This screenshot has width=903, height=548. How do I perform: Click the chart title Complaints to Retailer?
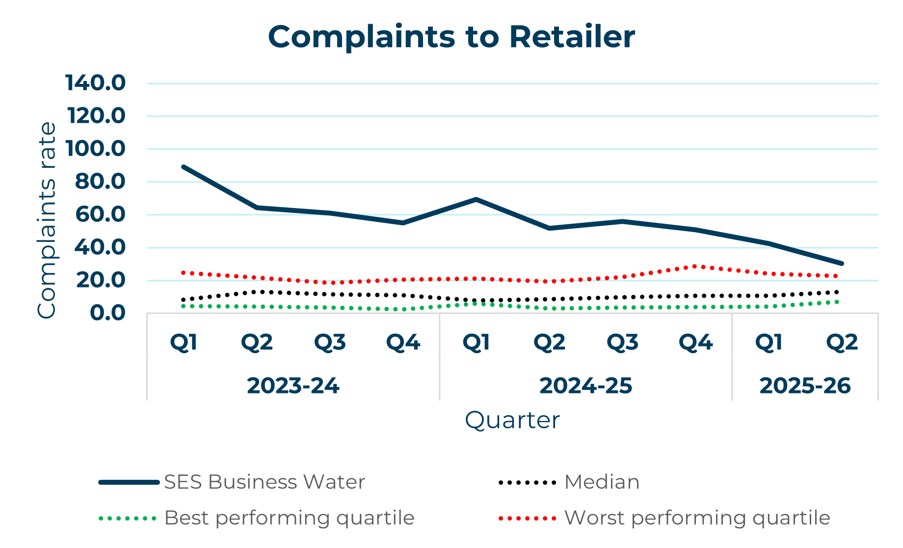451,37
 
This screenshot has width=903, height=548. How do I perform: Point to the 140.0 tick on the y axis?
95,83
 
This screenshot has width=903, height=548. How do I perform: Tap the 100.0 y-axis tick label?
95,149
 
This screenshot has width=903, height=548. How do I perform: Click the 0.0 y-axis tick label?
107,313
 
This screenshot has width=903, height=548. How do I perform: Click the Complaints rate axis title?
47,220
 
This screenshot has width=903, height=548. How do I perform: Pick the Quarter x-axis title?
512,420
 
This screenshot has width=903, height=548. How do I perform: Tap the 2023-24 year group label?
293,386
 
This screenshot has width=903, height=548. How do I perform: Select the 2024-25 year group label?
585,386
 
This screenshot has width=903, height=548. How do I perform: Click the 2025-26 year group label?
805,386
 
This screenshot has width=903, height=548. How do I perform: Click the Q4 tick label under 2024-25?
695,342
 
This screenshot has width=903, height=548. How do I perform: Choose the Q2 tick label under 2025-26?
842,342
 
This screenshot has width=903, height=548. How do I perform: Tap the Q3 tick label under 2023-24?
330,342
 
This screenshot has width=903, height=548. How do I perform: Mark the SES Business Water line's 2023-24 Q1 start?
184,167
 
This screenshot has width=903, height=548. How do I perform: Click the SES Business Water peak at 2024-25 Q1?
476,199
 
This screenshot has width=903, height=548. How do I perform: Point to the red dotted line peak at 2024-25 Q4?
695,266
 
